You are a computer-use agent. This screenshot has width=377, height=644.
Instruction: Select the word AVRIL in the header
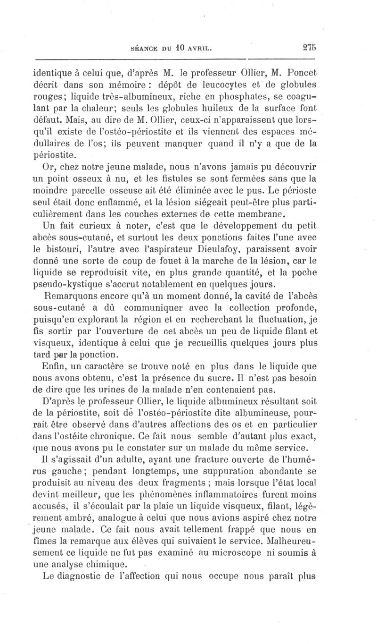[199, 48]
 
